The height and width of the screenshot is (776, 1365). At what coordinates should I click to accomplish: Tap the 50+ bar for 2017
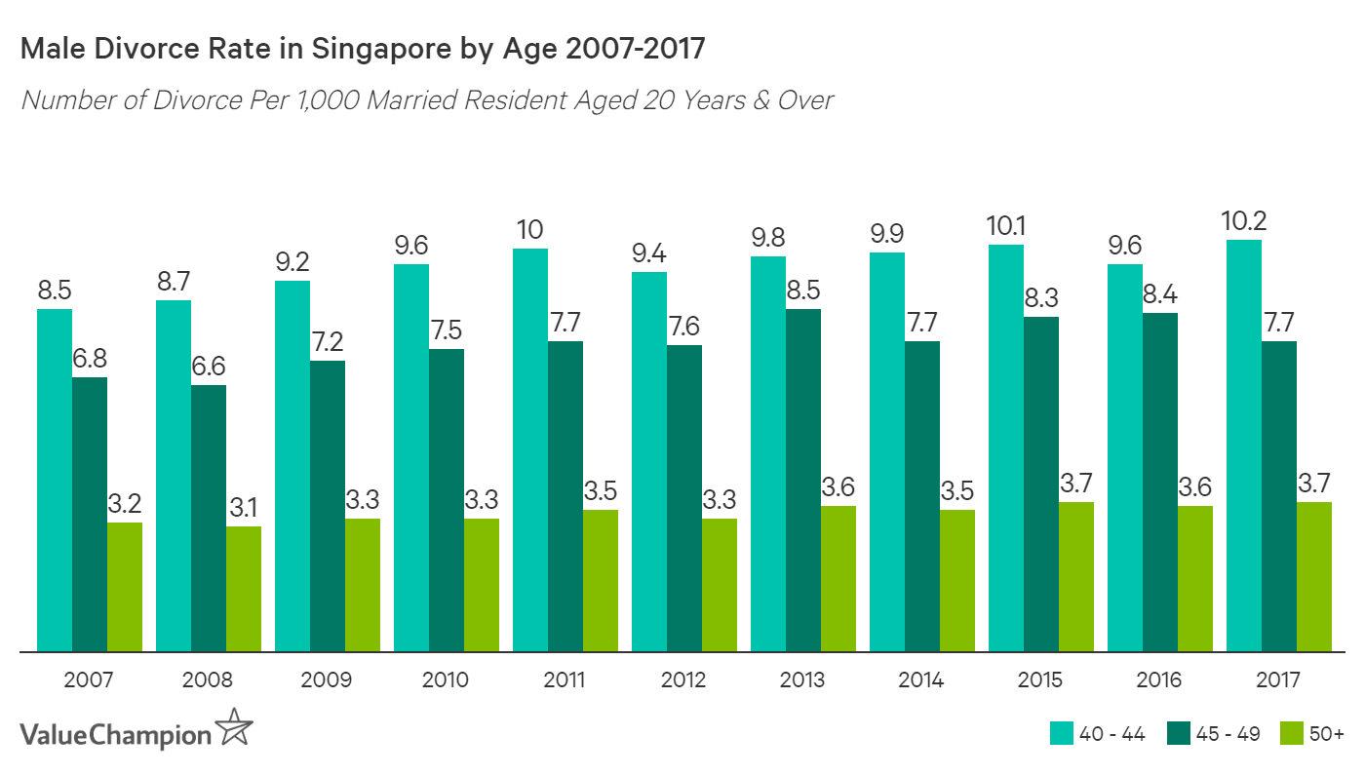click(1314, 576)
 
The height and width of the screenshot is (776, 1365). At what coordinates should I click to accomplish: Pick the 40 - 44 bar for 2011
click(530, 449)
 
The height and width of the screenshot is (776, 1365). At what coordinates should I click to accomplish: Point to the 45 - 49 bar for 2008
click(209, 518)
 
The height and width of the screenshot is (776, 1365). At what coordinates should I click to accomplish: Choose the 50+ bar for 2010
click(482, 584)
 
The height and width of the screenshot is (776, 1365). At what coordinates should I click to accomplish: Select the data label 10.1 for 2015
click(1005, 225)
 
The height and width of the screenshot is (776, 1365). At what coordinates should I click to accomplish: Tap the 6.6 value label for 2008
click(209, 366)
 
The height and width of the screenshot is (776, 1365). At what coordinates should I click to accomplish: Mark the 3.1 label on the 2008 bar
click(244, 507)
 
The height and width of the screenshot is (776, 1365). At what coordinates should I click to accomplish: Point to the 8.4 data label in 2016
click(1160, 293)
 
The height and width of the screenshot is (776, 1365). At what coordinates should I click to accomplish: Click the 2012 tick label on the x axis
click(683, 679)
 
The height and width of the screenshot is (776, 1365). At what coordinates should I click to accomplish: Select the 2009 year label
click(327, 679)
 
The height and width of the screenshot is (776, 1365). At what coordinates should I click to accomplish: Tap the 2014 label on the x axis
click(921, 679)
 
